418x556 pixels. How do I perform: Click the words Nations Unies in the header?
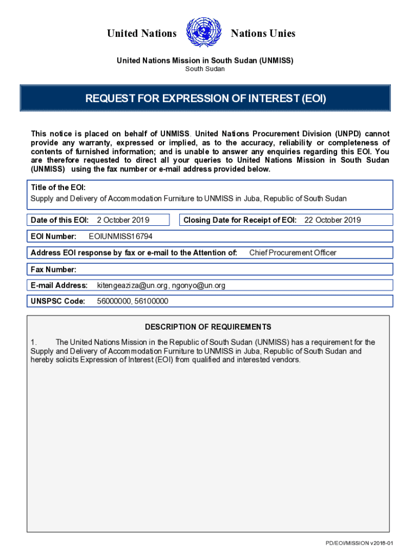point(263,34)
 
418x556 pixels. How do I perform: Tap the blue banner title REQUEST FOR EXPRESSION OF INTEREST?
point(205,99)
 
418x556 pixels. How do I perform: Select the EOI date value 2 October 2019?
point(123,220)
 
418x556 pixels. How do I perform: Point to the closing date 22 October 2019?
point(332,220)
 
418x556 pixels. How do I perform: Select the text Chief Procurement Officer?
point(293,252)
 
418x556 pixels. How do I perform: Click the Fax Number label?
point(54,269)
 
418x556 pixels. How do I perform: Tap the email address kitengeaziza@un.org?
point(130,286)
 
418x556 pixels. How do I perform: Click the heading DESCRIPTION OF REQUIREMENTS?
point(208,327)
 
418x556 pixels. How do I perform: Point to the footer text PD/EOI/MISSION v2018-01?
point(359,543)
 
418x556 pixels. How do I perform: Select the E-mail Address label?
point(59,286)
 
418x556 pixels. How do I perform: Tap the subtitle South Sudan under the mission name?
point(205,69)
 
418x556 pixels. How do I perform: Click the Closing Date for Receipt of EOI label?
point(240,220)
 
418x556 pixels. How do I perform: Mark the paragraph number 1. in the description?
point(34,342)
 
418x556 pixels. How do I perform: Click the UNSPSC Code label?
point(58,301)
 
